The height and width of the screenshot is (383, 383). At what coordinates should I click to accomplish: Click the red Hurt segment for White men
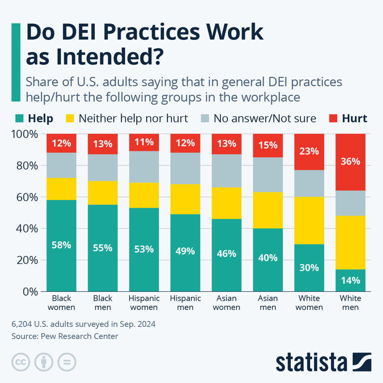point(350,162)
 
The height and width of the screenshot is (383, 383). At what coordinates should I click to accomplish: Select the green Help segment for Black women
point(61,245)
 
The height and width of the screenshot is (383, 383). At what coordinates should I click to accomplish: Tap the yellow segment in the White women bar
point(309,220)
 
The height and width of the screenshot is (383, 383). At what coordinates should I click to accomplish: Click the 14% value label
point(350,280)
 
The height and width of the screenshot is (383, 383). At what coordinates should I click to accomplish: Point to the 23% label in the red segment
point(309,151)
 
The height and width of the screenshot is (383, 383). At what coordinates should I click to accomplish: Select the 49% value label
point(185,251)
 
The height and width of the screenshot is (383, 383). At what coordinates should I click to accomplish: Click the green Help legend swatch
point(19,119)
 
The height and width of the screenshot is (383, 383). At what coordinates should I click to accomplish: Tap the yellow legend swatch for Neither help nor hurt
point(69,119)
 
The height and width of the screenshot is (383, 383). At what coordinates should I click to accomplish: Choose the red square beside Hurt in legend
point(333,119)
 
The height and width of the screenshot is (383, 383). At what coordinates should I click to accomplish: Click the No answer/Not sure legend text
point(265,119)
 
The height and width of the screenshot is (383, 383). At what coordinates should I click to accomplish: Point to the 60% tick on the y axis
point(25,197)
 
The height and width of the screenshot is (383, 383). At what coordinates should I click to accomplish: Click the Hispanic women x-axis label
point(144,303)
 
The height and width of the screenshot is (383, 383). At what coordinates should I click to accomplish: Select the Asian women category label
point(226,303)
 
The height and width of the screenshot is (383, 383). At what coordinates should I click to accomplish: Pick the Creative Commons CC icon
point(20,362)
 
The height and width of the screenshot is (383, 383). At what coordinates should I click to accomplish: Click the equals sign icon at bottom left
point(66,362)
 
